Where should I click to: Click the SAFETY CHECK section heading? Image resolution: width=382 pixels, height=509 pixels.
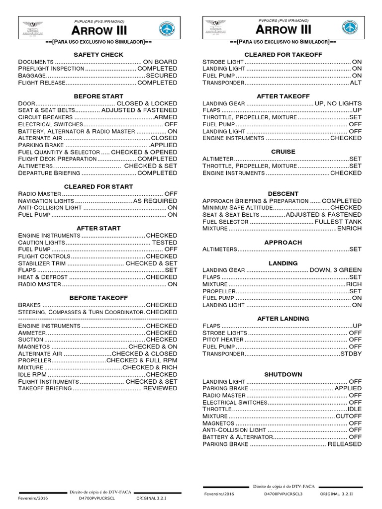click(98, 54)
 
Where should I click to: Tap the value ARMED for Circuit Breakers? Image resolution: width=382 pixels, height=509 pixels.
click(165, 117)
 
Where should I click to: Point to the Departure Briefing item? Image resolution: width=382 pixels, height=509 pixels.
click(49, 173)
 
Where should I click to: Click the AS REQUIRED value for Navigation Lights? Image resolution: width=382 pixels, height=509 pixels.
click(155, 201)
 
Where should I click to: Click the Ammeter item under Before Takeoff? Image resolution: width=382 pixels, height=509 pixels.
click(32, 333)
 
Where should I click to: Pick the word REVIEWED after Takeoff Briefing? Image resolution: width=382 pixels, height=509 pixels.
click(160, 388)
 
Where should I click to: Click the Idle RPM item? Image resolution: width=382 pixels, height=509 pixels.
click(32, 374)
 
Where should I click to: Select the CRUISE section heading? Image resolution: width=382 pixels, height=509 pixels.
click(283, 152)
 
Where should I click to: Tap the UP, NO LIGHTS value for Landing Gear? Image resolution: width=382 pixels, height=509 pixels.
click(338, 103)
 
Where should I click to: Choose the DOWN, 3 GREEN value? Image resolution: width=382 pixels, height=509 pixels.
click(335, 270)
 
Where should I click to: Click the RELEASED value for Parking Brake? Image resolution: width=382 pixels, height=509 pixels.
click(344, 443)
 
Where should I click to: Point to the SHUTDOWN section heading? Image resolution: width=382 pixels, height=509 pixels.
click(283, 374)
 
